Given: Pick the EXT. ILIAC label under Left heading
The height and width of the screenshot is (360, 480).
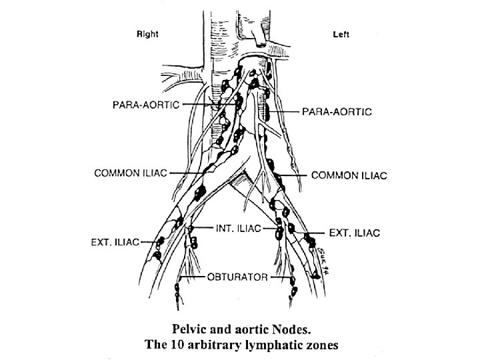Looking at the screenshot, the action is pyautogui.click(x=355, y=233).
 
